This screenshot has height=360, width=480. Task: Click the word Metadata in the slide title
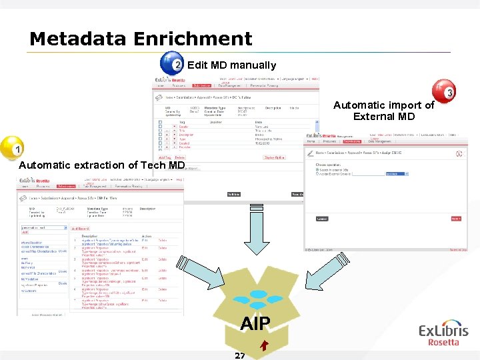(x=78, y=39)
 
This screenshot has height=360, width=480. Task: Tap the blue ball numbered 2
(x=173, y=64)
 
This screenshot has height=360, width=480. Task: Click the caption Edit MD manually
(x=231, y=65)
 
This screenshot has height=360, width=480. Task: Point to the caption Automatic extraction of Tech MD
(x=101, y=165)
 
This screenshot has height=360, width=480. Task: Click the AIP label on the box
(x=255, y=324)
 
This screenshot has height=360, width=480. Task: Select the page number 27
(x=240, y=355)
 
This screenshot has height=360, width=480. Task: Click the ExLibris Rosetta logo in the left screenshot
(x=34, y=181)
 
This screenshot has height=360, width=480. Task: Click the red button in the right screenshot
(x=455, y=218)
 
